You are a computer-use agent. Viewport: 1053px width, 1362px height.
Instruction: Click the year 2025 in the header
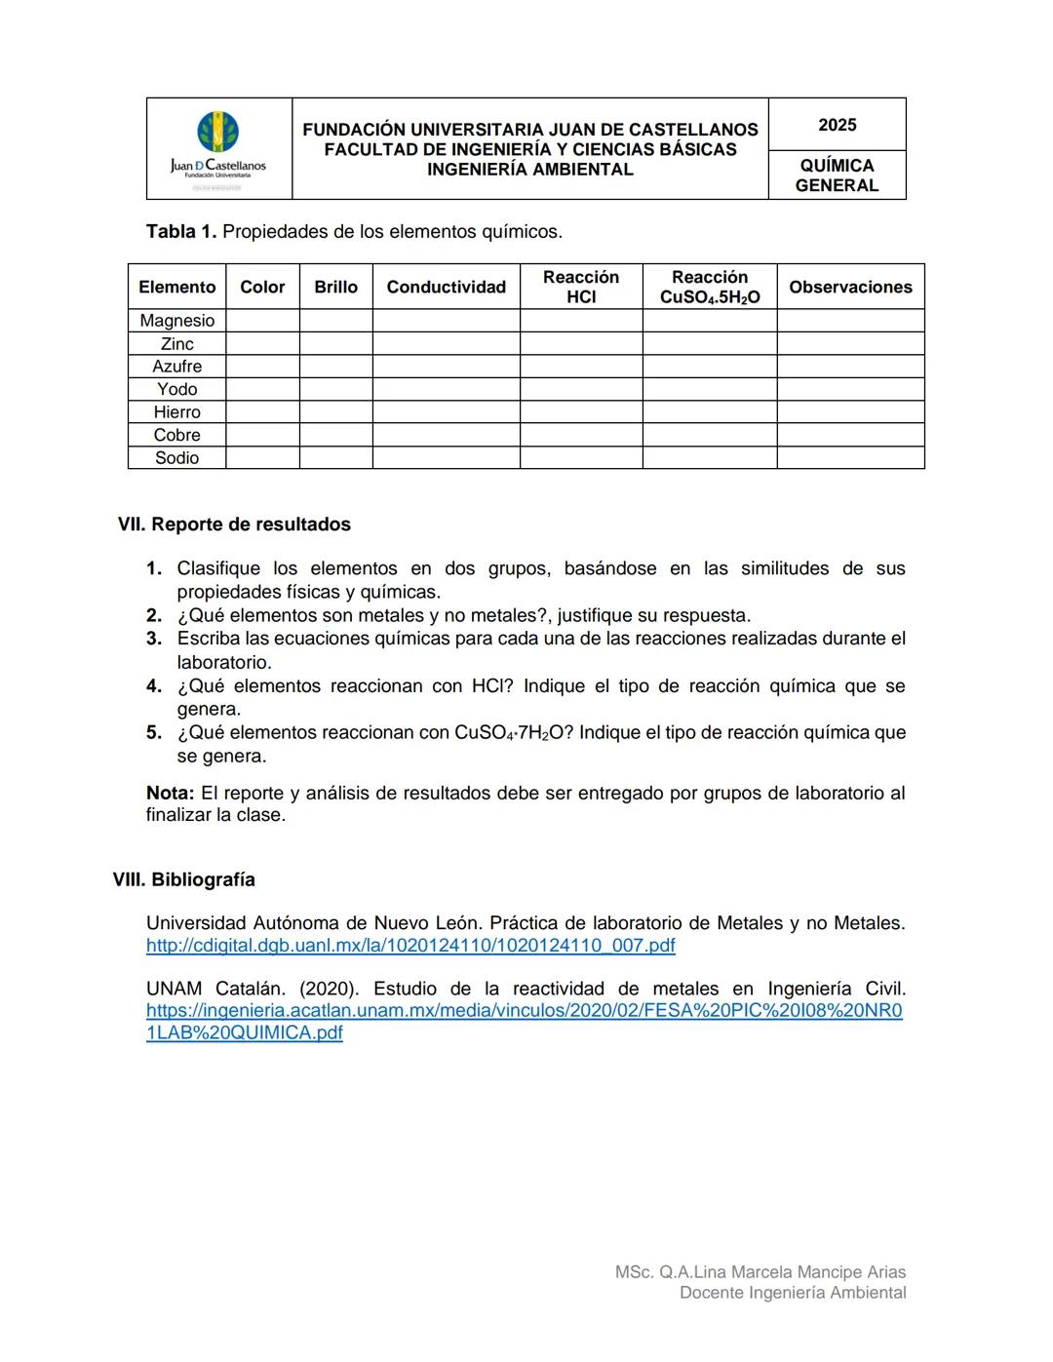coord(837,125)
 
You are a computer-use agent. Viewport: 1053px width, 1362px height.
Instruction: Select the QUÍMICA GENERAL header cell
coord(837,175)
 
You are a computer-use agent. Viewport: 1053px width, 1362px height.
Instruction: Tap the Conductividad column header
coord(446,287)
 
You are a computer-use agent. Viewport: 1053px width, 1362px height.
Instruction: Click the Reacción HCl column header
coord(580,287)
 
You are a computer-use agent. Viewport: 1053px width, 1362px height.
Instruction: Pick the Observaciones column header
coord(850,287)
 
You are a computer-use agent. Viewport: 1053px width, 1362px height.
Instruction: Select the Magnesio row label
coord(176,321)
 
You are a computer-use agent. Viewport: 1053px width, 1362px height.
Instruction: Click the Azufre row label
coord(176,367)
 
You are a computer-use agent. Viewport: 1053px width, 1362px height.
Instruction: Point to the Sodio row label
coord(176,458)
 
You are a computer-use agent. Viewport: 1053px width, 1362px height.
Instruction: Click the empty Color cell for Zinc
coord(262,344)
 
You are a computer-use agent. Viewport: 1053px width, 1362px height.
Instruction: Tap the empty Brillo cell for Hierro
coord(335,412)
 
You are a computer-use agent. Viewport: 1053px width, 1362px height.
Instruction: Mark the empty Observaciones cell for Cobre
coord(850,435)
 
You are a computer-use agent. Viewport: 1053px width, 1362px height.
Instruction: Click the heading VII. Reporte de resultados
coord(234,525)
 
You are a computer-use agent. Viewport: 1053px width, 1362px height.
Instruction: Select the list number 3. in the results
coord(154,639)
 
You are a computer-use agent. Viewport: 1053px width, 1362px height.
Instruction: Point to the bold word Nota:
coord(170,794)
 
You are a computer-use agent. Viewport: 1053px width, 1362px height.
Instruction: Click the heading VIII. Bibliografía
coord(184,879)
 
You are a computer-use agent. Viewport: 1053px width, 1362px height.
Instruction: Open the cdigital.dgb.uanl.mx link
coord(410,946)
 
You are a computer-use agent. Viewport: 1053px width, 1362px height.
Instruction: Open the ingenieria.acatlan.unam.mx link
coord(524,1011)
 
